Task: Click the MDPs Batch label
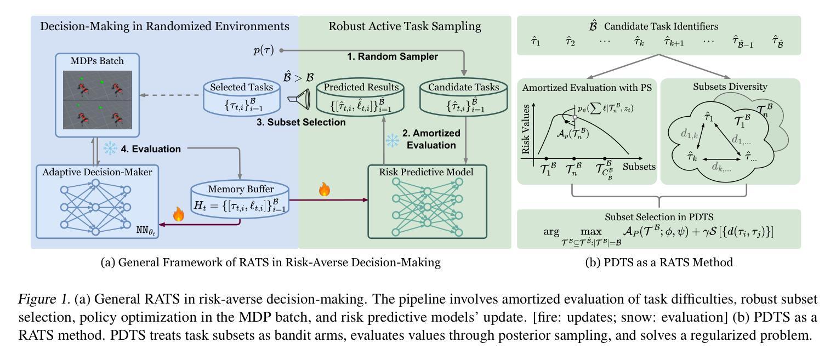coord(97,61)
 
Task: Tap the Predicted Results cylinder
coord(360,96)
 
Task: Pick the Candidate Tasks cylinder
coord(464,96)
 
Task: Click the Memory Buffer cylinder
coord(240,199)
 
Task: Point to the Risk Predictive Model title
coord(426,172)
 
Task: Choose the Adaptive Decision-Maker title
coord(97,172)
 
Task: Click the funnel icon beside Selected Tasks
coord(299,99)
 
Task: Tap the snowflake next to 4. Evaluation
coord(110,148)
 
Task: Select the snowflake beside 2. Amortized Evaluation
coord(393,141)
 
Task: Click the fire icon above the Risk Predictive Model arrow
coord(325,189)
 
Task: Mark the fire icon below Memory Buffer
coord(178,214)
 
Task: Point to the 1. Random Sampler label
coord(393,56)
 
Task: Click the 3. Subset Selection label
coord(301,122)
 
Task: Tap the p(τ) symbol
coord(264,50)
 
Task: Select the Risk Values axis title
coord(526,129)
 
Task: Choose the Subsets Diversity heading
coord(730,87)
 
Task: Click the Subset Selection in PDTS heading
coord(659,217)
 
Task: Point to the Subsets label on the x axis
coord(639,167)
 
